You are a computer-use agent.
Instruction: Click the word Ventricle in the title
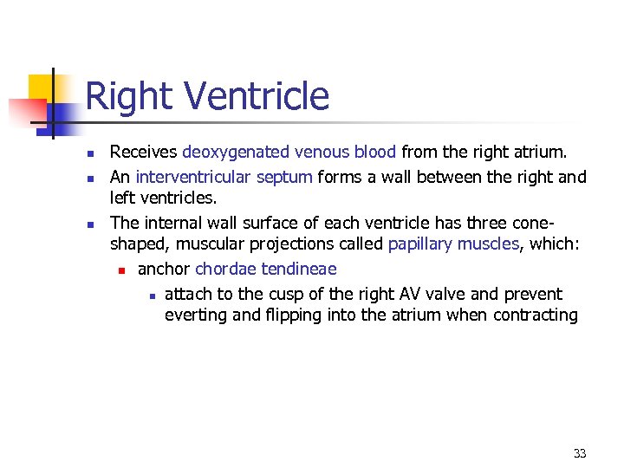click(x=257, y=96)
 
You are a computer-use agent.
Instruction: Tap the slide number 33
click(x=580, y=453)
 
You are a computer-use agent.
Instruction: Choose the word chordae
click(x=225, y=270)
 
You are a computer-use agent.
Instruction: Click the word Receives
click(x=143, y=153)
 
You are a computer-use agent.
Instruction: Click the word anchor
click(x=164, y=270)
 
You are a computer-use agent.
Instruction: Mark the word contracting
click(x=535, y=315)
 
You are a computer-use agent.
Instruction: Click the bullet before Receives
click(x=90, y=154)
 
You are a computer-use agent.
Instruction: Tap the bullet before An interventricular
click(x=90, y=179)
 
